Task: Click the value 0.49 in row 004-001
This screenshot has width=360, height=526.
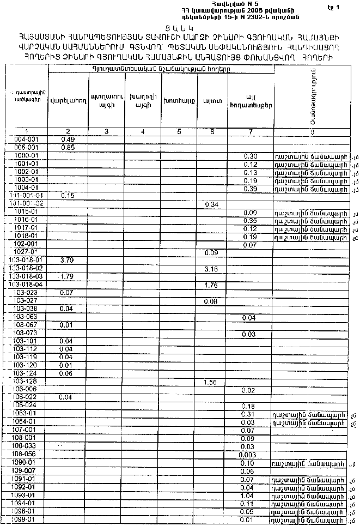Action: pyautogui.click(x=68, y=140)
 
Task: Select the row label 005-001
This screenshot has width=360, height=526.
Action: pyautogui.click(x=26, y=147)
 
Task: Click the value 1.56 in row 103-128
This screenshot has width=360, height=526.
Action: pyautogui.click(x=210, y=382)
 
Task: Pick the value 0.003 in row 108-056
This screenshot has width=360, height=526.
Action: pyautogui.click(x=247, y=454)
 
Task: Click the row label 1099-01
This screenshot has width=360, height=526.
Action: pyautogui.click(x=26, y=520)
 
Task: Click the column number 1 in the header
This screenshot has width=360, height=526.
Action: pyautogui.click(x=26, y=131)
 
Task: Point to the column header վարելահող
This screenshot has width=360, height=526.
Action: pyautogui.click(x=68, y=100)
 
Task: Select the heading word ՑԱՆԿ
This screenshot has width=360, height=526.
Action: pyautogui.click(x=180, y=27)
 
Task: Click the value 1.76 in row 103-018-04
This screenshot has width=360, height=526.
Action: pyautogui.click(x=210, y=285)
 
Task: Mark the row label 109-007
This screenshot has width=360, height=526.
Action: pyautogui.click(x=26, y=470)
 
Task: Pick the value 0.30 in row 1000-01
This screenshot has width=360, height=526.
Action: pyautogui.click(x=250, y=156)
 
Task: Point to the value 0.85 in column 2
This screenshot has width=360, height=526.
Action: pyautogui.click(x=68, y=147)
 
